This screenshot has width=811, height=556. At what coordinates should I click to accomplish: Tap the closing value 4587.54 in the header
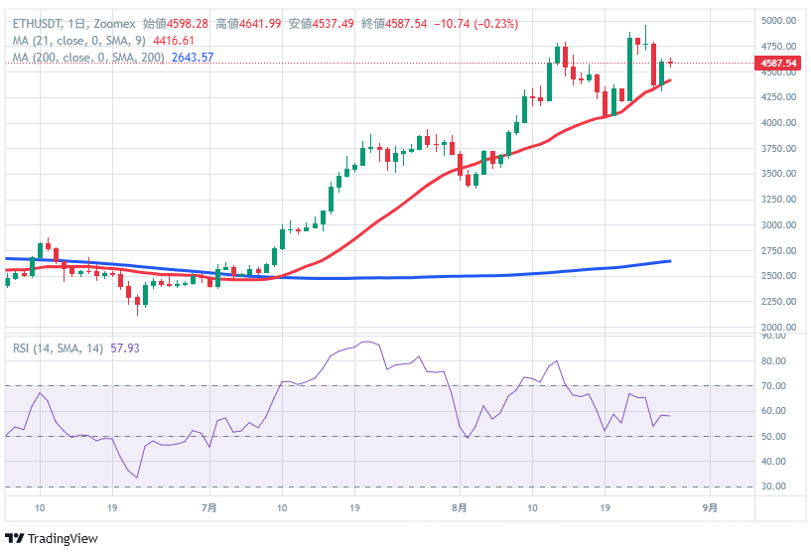point(406,23)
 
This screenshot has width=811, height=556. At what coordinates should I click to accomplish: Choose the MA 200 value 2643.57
point(193,58)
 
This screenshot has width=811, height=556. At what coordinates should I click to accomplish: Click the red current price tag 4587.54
point(779,64)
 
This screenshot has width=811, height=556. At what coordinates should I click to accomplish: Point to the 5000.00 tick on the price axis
point(779,21)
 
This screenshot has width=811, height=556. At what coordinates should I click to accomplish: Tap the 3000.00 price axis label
point(779,225)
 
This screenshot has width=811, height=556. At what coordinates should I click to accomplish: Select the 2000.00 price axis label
point(779,328)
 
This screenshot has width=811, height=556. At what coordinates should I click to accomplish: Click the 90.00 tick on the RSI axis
point(772,336)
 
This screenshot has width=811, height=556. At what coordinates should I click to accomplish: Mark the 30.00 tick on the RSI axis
point(772,486)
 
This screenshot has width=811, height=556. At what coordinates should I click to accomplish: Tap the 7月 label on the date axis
point(208,507)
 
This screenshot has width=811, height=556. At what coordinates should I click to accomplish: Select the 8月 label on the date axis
point(458,507)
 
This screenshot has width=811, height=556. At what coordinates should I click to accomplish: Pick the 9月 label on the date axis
point(709,507)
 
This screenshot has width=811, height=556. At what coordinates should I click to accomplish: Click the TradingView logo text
point(63,538)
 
